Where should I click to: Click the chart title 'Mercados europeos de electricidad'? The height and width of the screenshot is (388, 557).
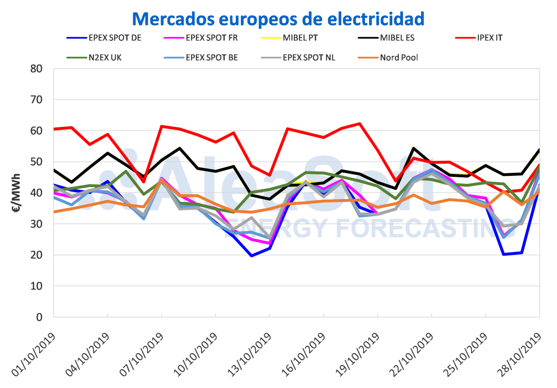pyautogui.click(x=278, y=19)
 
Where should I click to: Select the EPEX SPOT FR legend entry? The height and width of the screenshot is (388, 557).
pyautogui.click(x=212, y=38)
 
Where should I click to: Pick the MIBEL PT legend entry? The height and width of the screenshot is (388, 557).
pyautogui.click(x=301, y=38)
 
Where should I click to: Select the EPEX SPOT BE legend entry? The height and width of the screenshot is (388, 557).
pyautogui.click(x=212, y=58)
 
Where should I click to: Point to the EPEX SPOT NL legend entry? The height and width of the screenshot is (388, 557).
pyautogui.click(x=309, y=58)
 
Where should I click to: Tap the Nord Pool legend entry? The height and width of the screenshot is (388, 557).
pyautogui.click(x=399, y=58)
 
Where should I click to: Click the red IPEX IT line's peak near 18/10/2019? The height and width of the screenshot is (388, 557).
pyautogui.click(x=359, y=123)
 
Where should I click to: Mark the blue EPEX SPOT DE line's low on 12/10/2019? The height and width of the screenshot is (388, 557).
pyautogui.click(x=252, y=256)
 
